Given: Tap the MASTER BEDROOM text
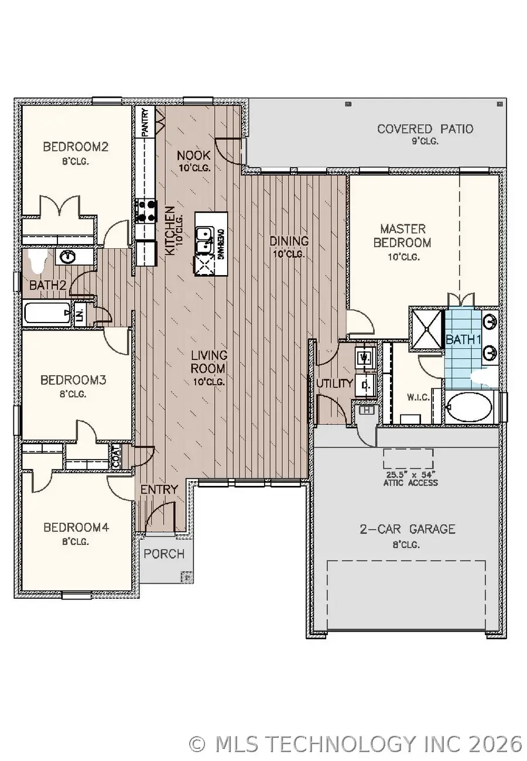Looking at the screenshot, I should pos(403,235).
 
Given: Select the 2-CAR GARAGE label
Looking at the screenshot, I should pos(407,529).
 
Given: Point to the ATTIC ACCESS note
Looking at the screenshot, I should pos(408,479).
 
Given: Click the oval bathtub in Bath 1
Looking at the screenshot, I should pos(469,406).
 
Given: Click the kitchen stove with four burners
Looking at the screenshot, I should pos(146,211).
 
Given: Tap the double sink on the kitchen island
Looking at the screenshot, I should pos(204,240).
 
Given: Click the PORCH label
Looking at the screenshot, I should pos(164,554).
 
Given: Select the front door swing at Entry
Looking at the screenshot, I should pos(158,519).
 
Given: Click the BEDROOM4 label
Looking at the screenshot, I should pos(76,527).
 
